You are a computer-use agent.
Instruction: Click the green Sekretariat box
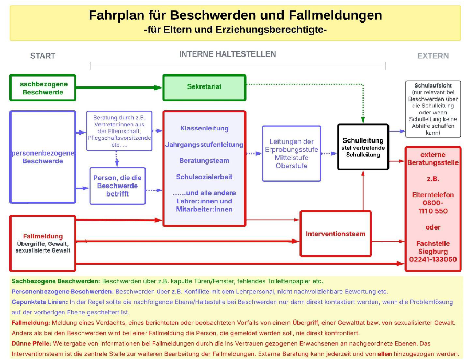pos(204,88)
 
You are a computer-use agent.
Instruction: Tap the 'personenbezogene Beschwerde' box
pos(42,157)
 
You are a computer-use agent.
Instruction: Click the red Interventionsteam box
pos(336,233)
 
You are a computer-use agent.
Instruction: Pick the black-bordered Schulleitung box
pos(363,147)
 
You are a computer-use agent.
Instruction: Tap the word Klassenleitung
pos(204,128)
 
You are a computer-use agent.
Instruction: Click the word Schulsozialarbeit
pos(204,177)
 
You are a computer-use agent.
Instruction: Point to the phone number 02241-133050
pos(432,259)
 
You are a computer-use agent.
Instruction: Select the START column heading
pos(42,56)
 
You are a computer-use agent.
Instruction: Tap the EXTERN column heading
pos(432,56)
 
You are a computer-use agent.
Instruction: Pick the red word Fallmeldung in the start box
pos(42,236)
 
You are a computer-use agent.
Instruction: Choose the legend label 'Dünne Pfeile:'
pos(30,343)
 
